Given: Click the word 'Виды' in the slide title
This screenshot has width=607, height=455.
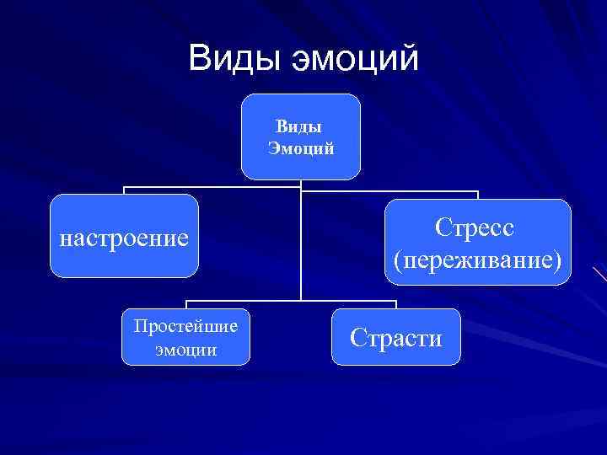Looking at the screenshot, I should pos(235,58).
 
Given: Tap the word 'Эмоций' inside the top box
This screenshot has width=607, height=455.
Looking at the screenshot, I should pos(301,149).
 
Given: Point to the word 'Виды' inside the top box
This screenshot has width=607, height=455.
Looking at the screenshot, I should pos(298,128).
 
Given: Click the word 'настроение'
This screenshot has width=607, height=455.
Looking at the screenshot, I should pos(124,238).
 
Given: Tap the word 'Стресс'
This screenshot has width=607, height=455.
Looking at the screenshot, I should pos(476,228).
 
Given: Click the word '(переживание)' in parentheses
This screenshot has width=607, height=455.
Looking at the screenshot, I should pos(476,259).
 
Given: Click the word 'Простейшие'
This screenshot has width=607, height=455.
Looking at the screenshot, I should pos(185,326).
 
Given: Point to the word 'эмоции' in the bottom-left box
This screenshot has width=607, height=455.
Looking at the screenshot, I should pos(185,348).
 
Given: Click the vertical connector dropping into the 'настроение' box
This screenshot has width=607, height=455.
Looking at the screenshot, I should pos(125,190).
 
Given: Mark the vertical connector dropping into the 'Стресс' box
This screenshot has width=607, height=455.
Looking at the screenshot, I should pos(478,195).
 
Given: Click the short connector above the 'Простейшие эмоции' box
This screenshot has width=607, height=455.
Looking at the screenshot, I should pos(186,305).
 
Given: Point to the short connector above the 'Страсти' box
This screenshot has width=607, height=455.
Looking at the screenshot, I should pos(396,304).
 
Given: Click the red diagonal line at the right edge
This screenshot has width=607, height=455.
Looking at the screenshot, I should pos(599,274).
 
